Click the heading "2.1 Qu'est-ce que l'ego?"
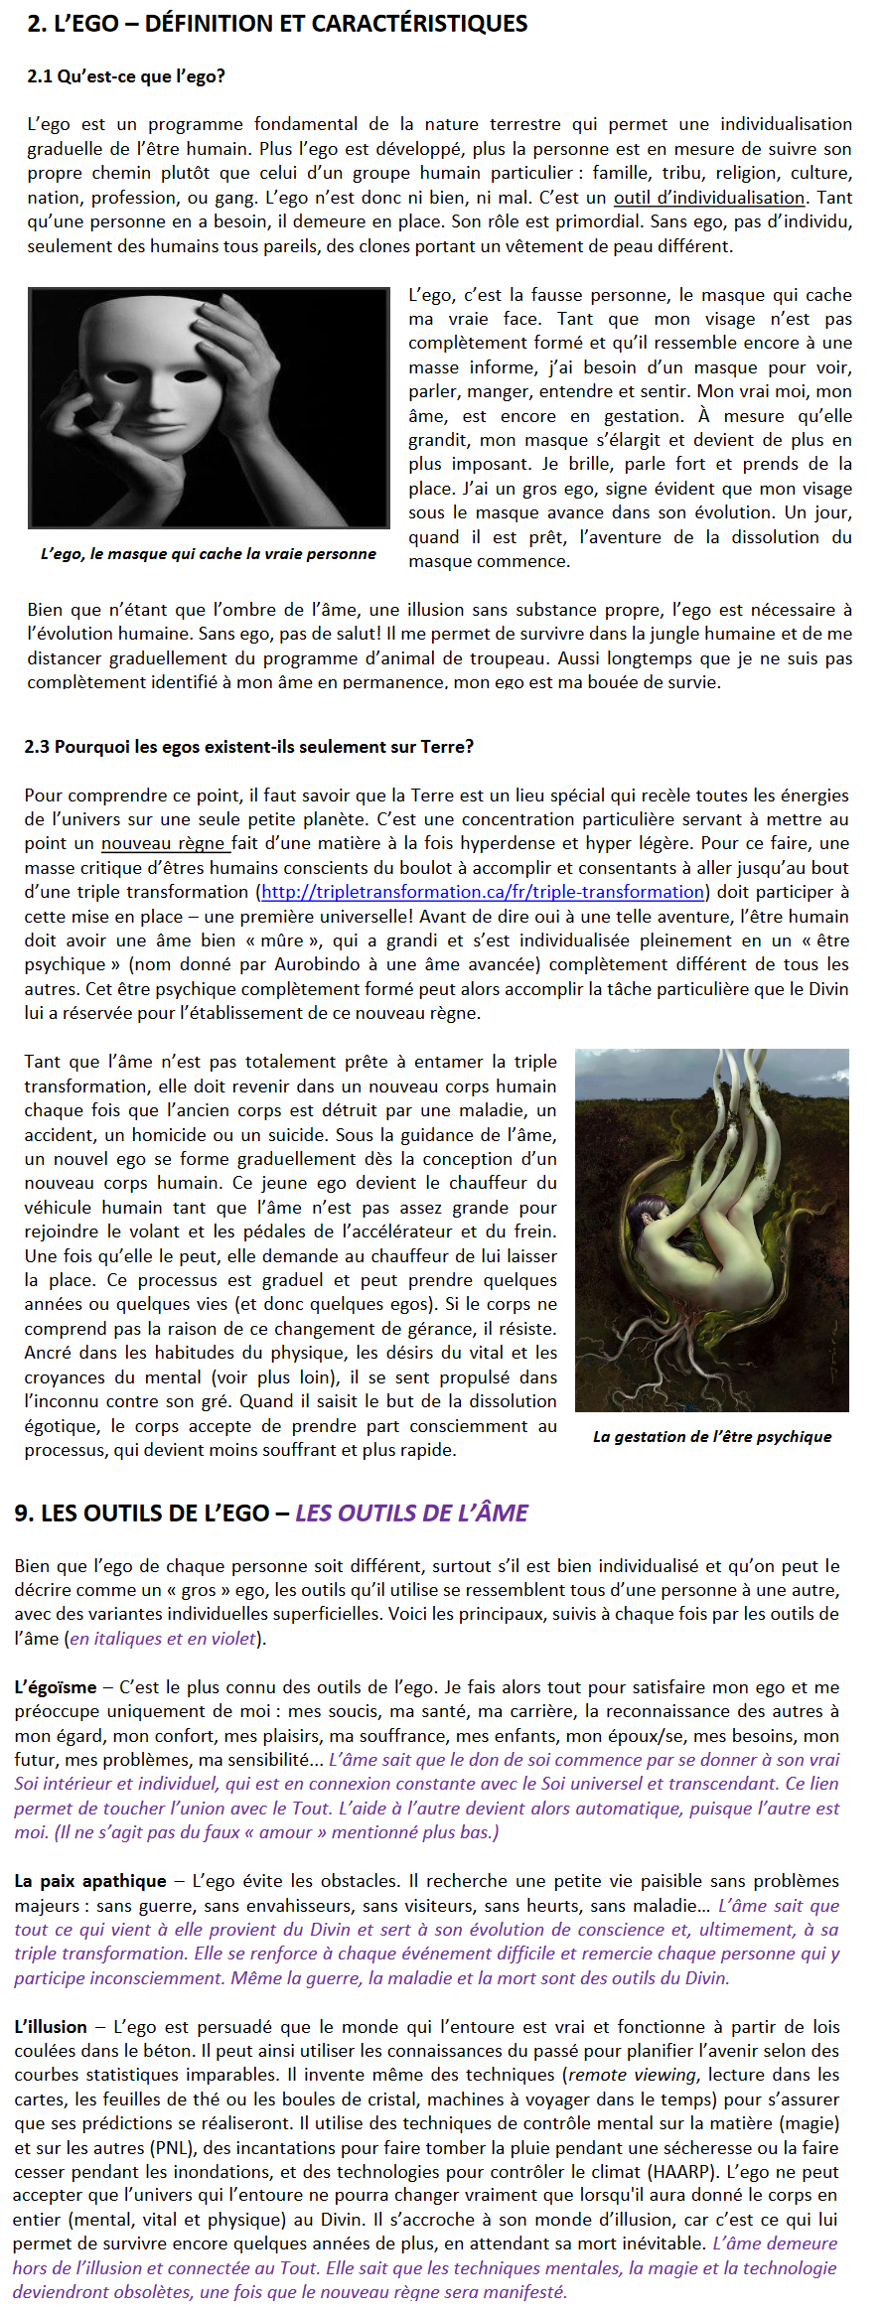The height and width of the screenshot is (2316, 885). click(x=126, y=76)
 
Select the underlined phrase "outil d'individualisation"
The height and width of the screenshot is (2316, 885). click(x=708, y=198)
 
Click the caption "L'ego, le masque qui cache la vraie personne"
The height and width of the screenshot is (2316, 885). click(x=209, y=554)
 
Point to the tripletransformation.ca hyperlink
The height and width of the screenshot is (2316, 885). click(x=483, y=893)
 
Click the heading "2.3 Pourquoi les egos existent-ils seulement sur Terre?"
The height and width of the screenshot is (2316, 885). click(x=248, y=747)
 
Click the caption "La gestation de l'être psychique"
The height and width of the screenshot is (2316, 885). click(x=712, y=1437)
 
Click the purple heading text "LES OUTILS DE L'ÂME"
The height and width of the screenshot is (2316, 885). click(x=411, y=1514)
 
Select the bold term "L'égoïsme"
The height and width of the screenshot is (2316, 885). click(x=56, y=1687)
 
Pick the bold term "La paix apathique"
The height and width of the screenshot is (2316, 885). click(x=90, y=1881)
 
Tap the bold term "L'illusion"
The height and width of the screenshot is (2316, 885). click(x=51, y=2027)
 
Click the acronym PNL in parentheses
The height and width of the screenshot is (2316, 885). click(x=171, y=2148)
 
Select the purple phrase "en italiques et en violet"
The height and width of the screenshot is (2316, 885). click(x=163, y=1639)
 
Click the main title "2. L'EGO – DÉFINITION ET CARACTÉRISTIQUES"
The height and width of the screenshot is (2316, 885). click(x=277, y=24)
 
